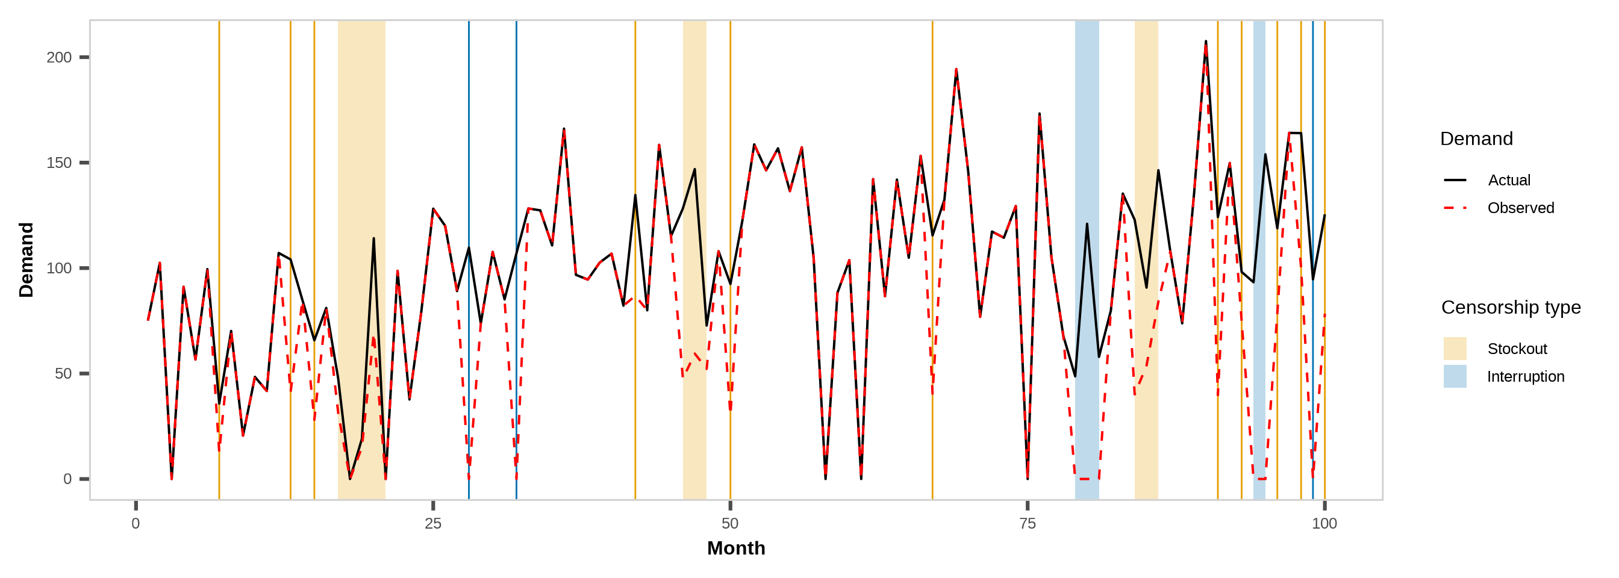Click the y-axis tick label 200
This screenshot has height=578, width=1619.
click(x=59, y=58)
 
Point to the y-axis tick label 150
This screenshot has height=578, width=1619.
click(x=59, y=163)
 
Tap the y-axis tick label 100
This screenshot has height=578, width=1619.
click(x=59, y=269)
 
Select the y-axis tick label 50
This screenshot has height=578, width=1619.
click(x=63, y=374)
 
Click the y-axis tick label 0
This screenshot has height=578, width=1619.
click(x=67, y=480)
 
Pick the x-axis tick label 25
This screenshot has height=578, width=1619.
click(x=433, y=524)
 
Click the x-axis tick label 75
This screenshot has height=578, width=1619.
click(x=1028, y=524)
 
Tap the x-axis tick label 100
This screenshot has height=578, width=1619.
click(x=1324, y=524)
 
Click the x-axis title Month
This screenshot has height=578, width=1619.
click(x=736, y=548)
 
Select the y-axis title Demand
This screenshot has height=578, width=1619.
click(x=27, y=259)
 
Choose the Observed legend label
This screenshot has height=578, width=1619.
click(x=1520, y=208)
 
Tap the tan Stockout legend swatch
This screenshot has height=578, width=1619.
click(x=1455, y=349)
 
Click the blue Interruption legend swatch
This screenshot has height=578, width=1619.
click(x=1455, y=376)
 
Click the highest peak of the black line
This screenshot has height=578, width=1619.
click(x=1205, y=42)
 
